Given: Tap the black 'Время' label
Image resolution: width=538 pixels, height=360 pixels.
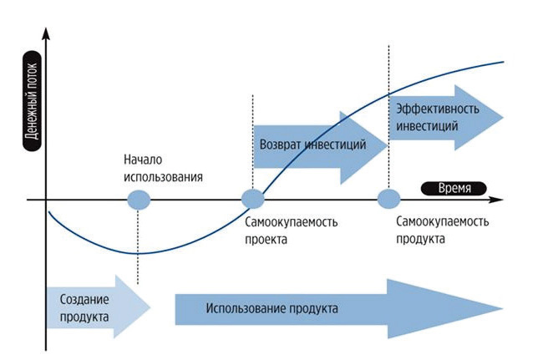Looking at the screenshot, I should pos(454,188).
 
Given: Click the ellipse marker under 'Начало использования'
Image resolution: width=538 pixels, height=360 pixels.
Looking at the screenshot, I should pos(138,200).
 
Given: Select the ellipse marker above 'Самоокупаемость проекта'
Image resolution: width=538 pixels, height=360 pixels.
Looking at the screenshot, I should pos(252,200).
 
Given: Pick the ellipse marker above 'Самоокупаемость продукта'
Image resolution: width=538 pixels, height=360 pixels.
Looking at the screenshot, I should pos(388,200).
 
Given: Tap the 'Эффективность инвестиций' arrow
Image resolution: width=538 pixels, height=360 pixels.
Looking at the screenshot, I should pos(443,117).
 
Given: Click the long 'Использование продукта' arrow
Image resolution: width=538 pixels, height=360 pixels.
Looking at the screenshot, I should pos(334,309).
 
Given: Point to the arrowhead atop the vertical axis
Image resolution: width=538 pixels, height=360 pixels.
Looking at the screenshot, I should pos(47,35).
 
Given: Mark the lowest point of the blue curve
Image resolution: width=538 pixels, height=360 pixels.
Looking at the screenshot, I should pos(138,253).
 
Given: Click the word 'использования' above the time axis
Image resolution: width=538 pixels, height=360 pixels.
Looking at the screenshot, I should pos(164,176).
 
